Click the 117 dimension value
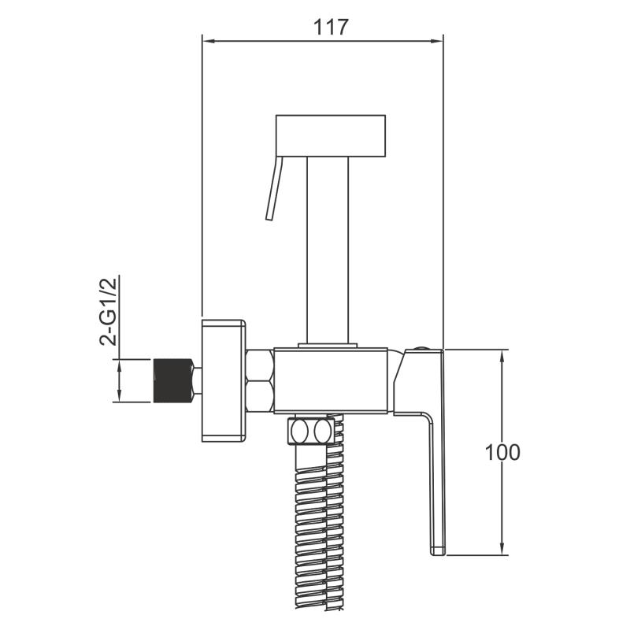click(330, 28)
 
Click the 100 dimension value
click(502, 452)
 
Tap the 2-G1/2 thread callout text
click(108, 311)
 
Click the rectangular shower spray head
click(331, 135)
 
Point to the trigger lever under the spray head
click(274, 188)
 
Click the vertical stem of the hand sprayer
click(328, 250)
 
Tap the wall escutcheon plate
click(224, 380)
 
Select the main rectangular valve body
click(331, 381)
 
